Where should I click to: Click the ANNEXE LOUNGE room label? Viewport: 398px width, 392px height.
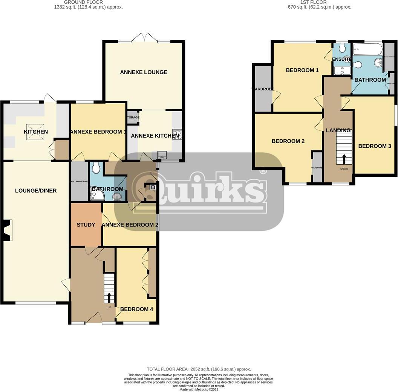pyautogui.click(x=144, y=72)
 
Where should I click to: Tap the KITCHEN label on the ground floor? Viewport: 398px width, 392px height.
pyautogui.click(x=36, y=132)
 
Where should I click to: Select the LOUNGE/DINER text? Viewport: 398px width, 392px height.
pyautogui.click(x=36, y=191)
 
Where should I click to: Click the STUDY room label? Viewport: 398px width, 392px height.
pyautogui.click(x=86, y=225)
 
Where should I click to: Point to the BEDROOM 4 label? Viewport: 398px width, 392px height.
pyautogui.click(x=136, y=309)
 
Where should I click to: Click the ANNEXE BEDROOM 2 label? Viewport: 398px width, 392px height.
pyautogui.click(x=130, y=225)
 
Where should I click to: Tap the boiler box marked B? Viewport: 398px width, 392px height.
pyautogui.click(x=153, y=187)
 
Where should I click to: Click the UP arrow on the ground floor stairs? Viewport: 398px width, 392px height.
pyautogui.click(x=109, y=297)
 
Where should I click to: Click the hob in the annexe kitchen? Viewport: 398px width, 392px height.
pyautogui.click(x=177, y=135)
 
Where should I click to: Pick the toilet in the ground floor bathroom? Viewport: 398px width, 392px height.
pyautogui.click(x=96, y=168)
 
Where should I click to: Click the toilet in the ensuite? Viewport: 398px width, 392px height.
pyautogui.click(x=342, y=48)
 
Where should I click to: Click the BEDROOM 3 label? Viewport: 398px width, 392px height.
pyautogui.click(x=375, y=146)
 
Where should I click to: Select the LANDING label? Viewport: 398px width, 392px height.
pyautogui.click(x=338, y=130)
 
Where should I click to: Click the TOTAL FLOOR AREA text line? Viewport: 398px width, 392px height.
pyautogui.click(x=199, y=369)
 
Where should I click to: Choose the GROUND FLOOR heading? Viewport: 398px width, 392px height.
pyautogui.click(x=88, y=2)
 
